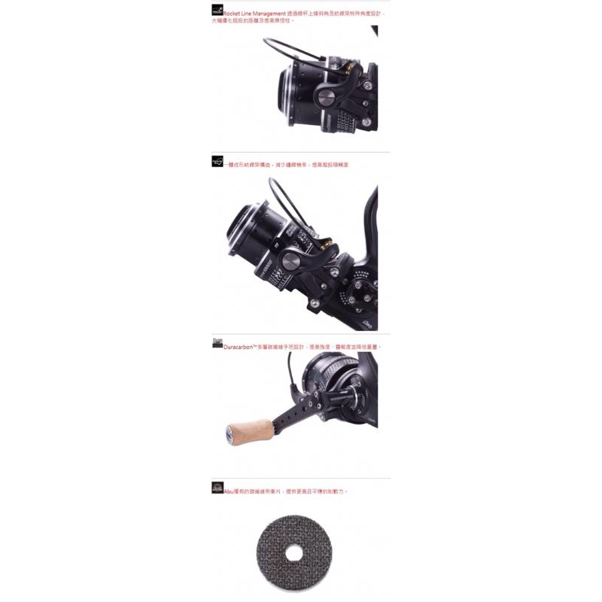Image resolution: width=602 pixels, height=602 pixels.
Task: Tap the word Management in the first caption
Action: [278, 14]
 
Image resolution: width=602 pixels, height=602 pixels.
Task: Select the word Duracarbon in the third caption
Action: [240, 347]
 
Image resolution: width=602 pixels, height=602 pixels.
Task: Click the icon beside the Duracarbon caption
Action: [217, 344]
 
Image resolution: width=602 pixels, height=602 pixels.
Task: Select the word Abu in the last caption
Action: [229, 491]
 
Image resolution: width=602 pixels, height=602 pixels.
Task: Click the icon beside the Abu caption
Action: [217, 488]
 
